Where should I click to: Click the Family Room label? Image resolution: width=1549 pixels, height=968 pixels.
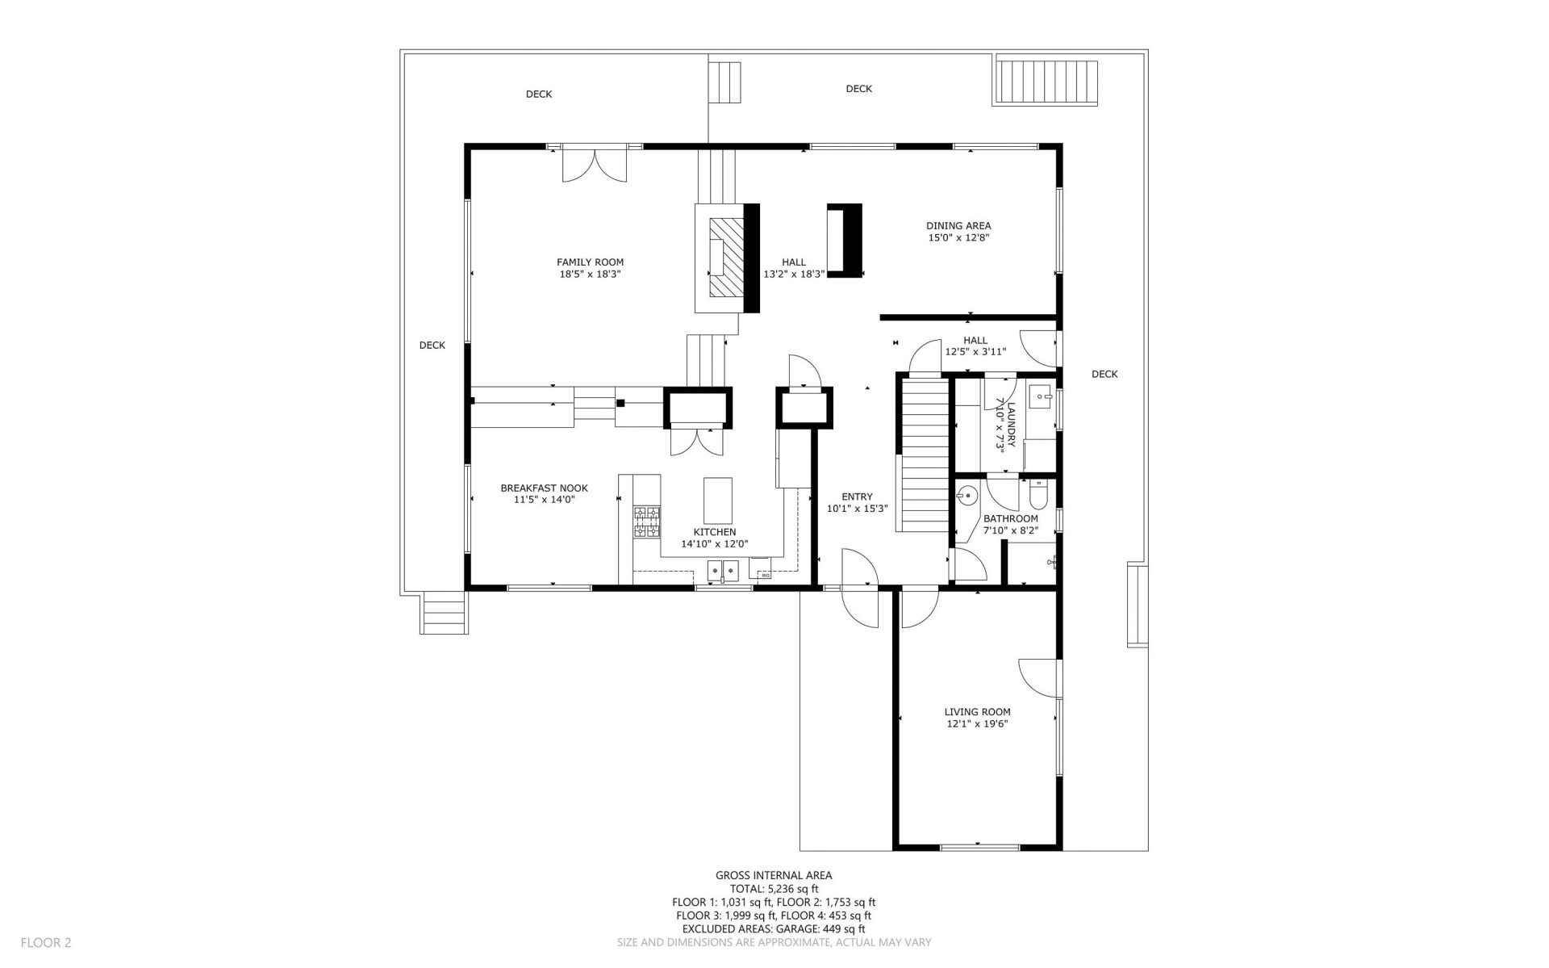[x=590, y=262]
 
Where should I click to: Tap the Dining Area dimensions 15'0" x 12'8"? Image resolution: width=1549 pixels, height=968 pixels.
[x=958, y=238]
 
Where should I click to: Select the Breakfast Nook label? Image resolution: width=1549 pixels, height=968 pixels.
[x=544, y=488]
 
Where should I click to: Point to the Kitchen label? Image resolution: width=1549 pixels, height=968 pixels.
[x=714, y=532]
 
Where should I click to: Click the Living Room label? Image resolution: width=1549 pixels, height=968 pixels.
[x=977, y=712]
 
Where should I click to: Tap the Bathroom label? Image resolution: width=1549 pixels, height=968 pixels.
[x=1010, y=518]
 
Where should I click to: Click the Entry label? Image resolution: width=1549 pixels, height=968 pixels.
[x=857, y=497]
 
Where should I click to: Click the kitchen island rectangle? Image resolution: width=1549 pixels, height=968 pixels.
[x=718, y=501]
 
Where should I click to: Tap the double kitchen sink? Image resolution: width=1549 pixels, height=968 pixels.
[x=723, y=572]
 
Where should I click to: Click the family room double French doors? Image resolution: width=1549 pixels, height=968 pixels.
[x=594, y=166]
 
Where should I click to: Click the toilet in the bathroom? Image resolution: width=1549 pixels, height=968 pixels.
[x=1038, y=491]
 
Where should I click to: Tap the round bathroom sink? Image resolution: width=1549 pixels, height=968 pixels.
[x=967, y=494]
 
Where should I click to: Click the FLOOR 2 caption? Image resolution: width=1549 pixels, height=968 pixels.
[x=46, y=942]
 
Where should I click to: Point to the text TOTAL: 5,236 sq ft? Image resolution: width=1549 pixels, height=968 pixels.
[x=774, y=888]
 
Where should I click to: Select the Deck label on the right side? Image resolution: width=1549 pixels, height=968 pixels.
[x=1104, y=374]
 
